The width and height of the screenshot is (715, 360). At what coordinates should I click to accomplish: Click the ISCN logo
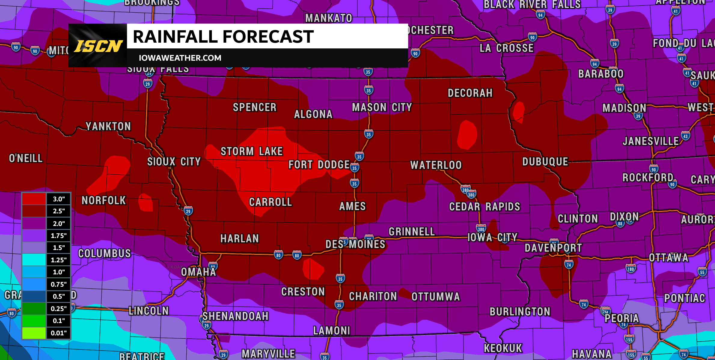point(98,46)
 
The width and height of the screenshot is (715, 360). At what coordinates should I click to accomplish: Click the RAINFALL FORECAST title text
point(223,37)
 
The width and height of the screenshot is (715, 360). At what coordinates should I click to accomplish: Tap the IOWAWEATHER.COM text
point(180,58)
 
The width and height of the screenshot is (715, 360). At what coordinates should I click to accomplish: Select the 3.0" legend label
point(59,199)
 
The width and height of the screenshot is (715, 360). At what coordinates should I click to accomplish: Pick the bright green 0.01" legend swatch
point(34,333)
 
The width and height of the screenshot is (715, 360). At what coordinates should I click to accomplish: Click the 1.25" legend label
point(59,260)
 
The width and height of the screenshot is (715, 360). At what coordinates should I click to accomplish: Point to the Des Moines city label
point(355,244)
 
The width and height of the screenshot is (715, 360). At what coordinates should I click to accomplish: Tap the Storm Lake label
point(252,151)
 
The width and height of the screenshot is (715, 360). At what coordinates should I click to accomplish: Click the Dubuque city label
point(545,162)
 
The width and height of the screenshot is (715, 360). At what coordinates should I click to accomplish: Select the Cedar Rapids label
point(484,207)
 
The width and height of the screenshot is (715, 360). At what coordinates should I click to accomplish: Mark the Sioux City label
point(174,162)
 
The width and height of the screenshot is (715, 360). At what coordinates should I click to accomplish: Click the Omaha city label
point(198,272)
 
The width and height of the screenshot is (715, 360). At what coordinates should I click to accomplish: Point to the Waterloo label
point(436,165)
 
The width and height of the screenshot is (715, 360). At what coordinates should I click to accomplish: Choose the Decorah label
point(470,93)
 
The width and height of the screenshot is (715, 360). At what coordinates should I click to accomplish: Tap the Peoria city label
point(622,318)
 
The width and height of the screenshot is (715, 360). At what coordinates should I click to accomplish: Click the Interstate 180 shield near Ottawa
point(631,269)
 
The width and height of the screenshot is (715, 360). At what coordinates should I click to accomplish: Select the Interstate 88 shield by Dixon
point(620,224)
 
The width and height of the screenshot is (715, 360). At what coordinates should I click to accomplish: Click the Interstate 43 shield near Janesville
point(685,136)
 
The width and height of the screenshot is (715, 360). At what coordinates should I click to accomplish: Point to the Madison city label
point(624,108)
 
